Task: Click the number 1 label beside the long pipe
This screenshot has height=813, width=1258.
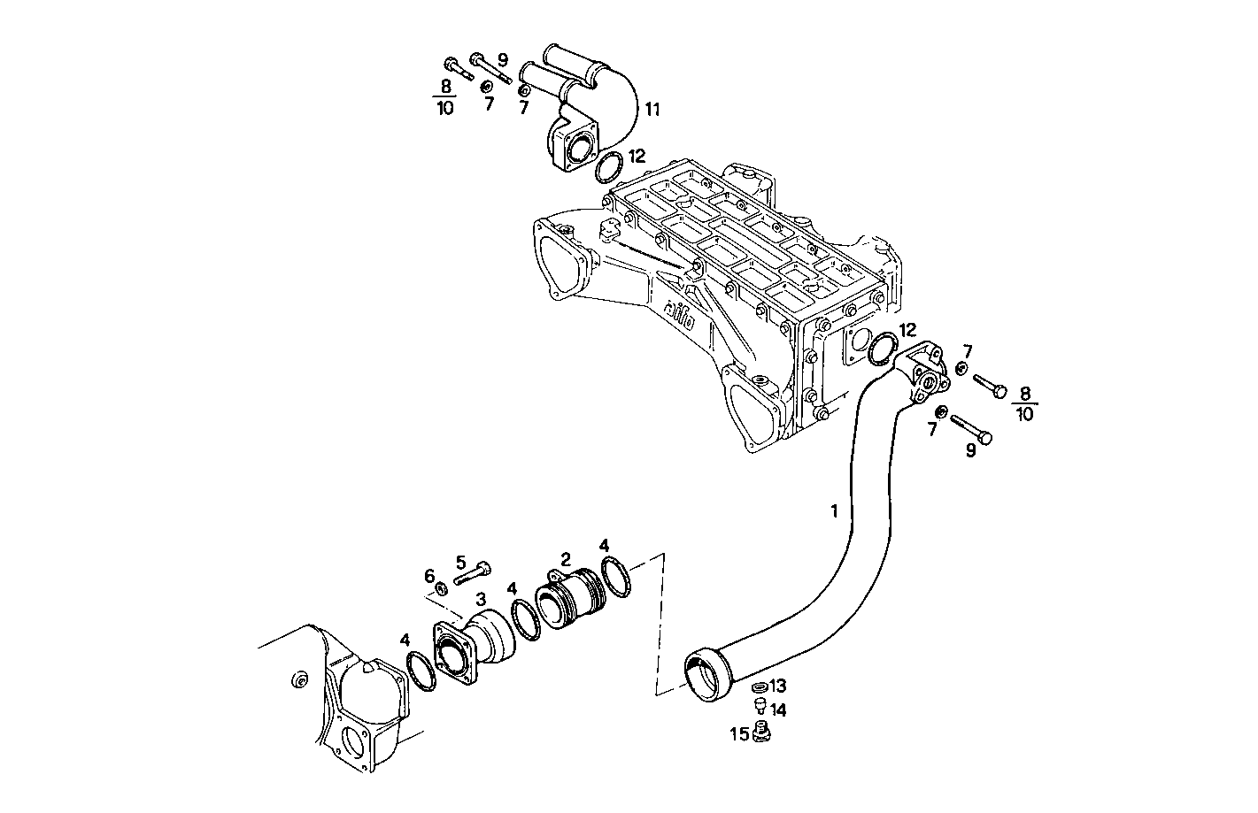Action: point(833,510)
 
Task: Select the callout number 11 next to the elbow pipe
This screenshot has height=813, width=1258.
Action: point(652,110)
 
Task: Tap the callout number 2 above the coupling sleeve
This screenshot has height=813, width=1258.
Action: point(565,558)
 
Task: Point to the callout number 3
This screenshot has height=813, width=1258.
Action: point(481,599)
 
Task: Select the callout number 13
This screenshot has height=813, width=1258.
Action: point(777,686)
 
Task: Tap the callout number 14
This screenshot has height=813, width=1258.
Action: point(778,709)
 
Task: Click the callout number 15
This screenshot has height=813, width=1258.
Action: point(739,733)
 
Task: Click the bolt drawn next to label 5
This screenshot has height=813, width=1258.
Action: point(474,573)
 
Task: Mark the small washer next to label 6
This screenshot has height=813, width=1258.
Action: point(440,589)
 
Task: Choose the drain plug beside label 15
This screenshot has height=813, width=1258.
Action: point(761,732)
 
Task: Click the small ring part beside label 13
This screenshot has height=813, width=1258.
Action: point(758,686)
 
